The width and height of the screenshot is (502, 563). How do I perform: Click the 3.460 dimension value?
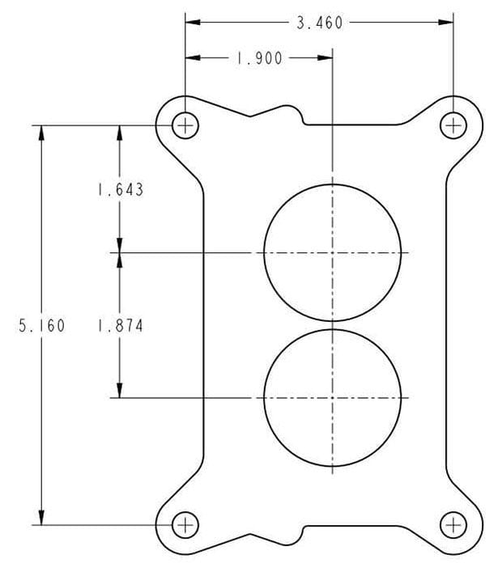(x=319, y=23)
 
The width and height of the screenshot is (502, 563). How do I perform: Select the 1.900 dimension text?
(x=259, y=58)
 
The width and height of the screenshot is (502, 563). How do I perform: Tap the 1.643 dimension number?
(x=120, y=190)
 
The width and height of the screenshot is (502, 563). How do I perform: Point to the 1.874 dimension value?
(x=120, y=326)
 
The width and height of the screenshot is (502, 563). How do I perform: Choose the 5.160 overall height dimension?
(x=41, y=326)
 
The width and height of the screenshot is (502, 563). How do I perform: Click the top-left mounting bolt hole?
(x=185, y=125)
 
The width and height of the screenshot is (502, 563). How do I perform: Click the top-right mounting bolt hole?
(x=453, y=125)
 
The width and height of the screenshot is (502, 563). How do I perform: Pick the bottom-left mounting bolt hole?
(x=185, y=524)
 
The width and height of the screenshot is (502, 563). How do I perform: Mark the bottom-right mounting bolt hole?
(x=453, y=524)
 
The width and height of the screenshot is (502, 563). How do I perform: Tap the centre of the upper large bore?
(x=333, y=252)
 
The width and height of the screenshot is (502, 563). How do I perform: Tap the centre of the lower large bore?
(x=333, y=397)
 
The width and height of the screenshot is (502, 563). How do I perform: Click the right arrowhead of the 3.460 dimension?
(x=446, y=23)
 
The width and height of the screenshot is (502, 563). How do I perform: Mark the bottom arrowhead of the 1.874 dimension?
(x=120, y=391)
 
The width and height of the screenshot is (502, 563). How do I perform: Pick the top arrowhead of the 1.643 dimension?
(x=120, y=132)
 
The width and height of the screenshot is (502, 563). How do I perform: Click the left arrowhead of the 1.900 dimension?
(x=192, y=58)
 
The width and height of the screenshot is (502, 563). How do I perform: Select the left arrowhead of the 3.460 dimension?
(x=192, y=23)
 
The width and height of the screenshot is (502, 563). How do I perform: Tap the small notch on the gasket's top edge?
(x=304, y=119)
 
